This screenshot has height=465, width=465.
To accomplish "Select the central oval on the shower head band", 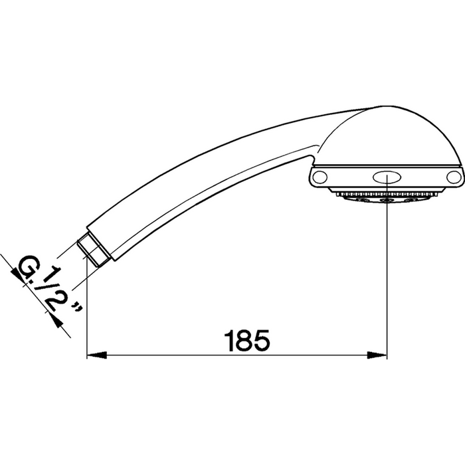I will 387,177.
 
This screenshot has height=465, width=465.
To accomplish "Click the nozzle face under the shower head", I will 387,199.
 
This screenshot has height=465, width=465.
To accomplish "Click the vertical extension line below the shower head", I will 387,279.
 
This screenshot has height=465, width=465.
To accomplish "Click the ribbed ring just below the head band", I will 387,192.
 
